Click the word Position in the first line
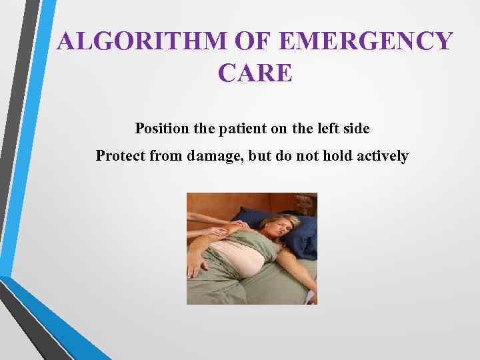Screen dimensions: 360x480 click(x=163, y=127)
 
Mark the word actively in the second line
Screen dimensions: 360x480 click(x=383, y=156)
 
